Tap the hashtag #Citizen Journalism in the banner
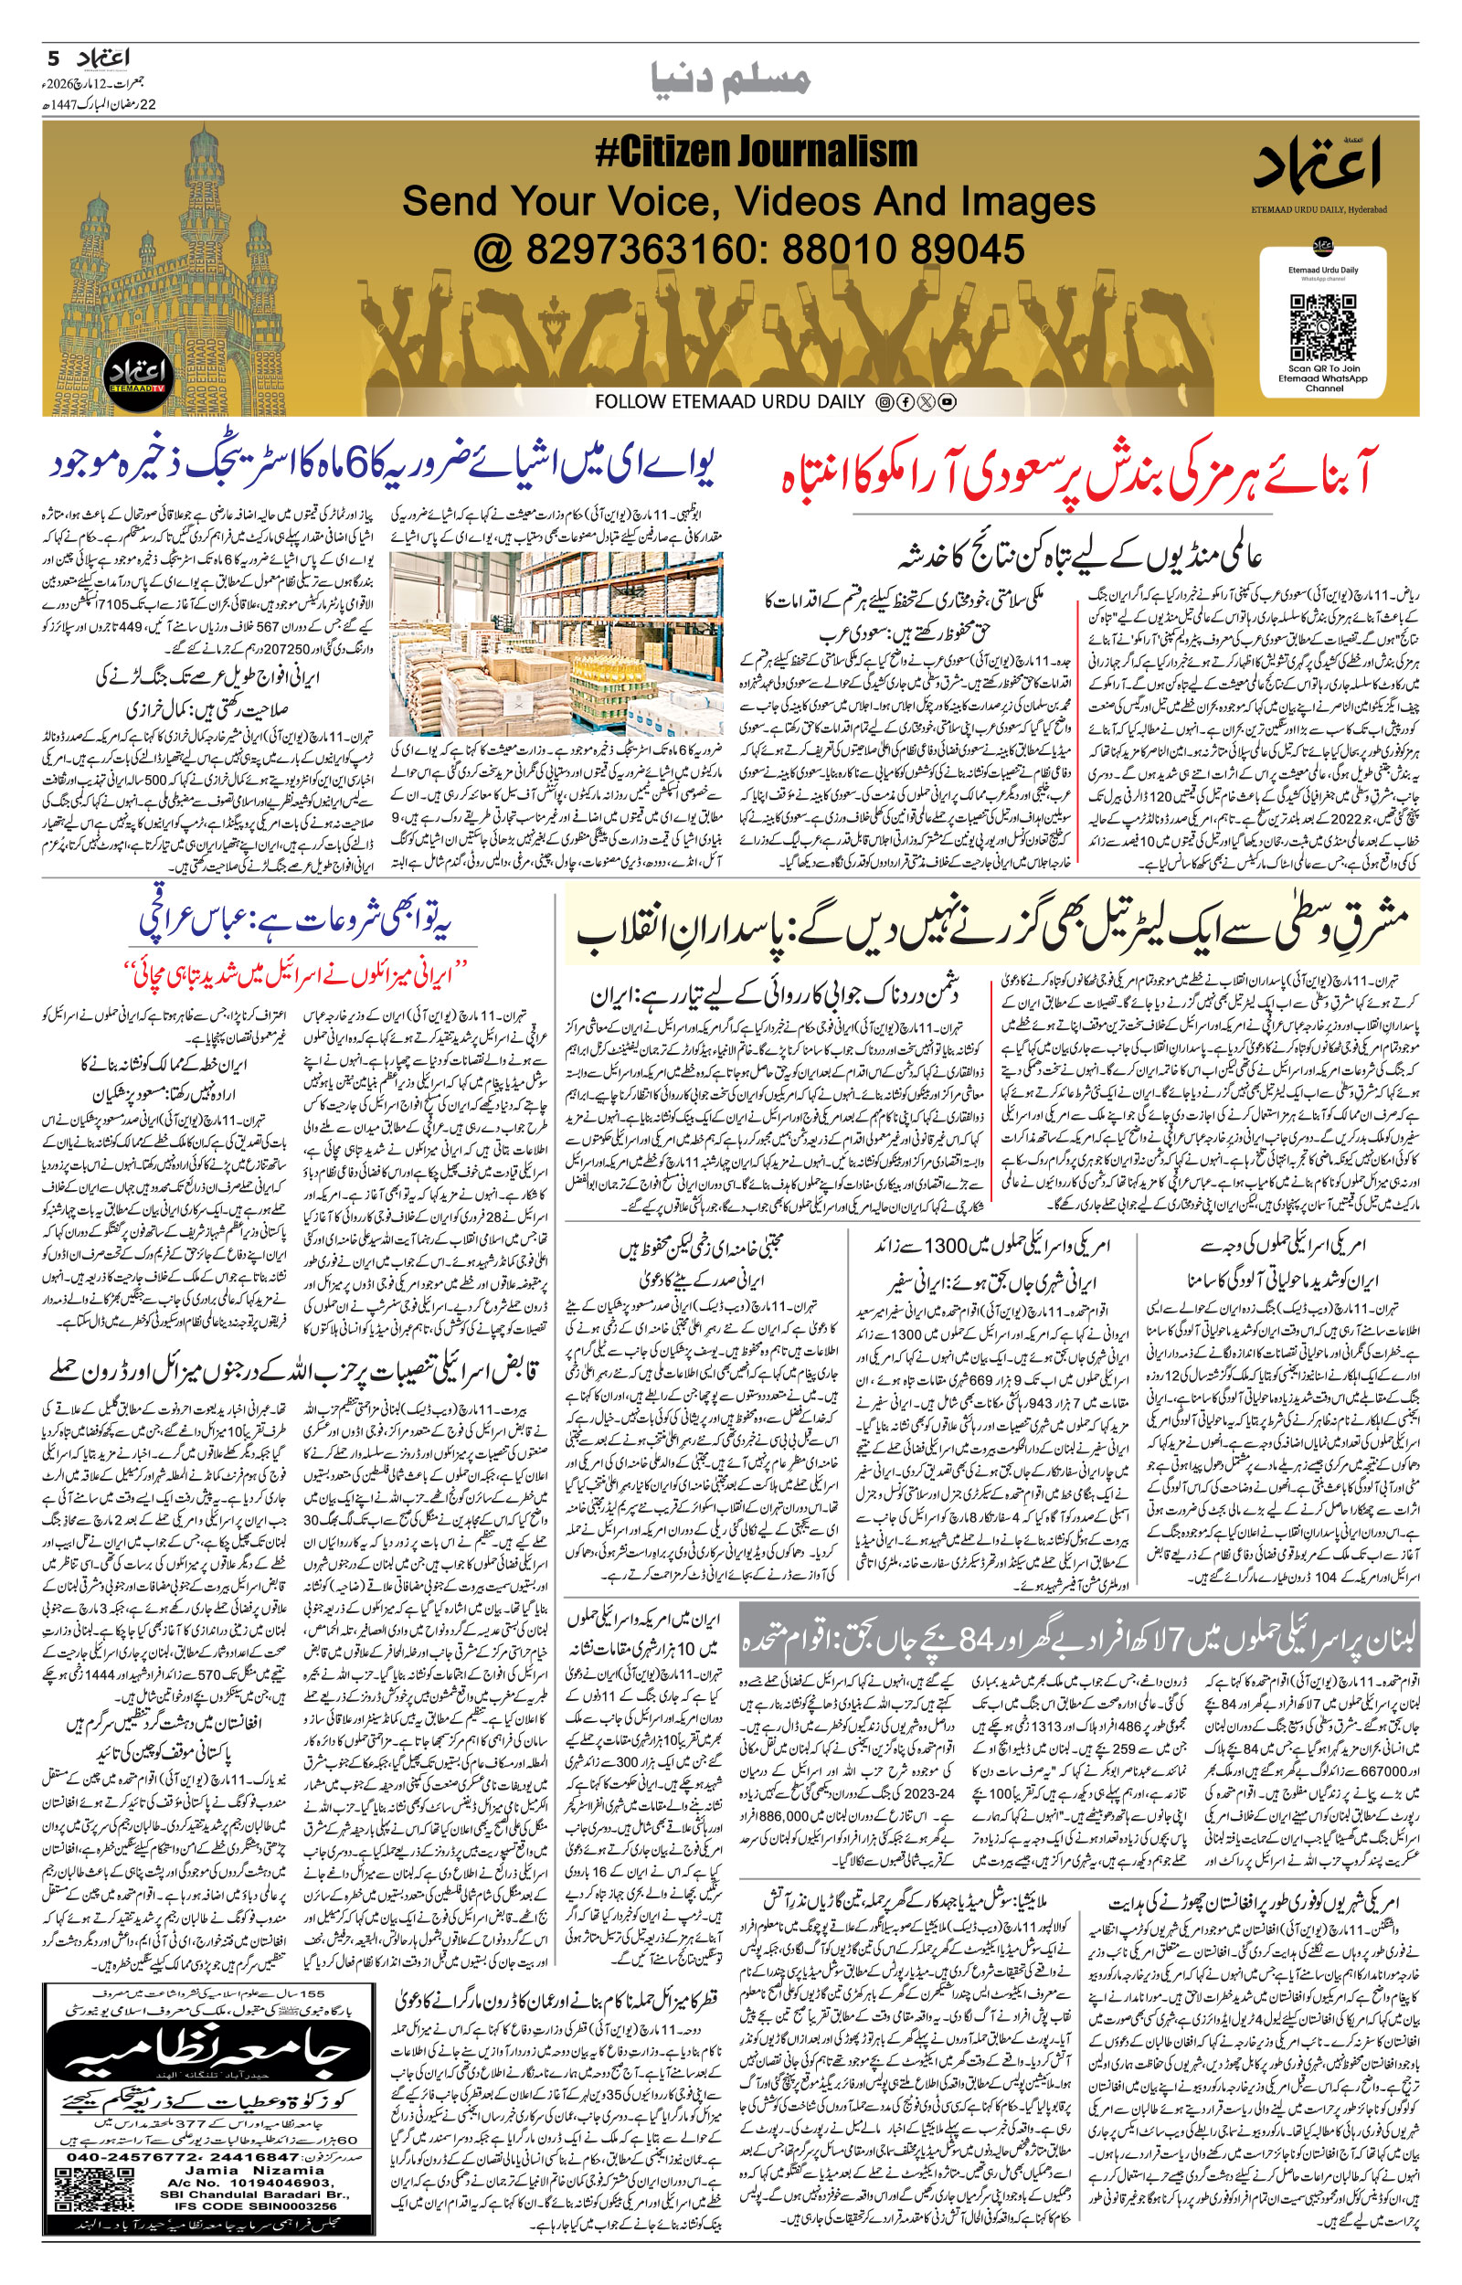click(756, 152)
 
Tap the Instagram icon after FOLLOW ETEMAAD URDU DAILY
click(884, 402)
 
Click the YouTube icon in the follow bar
click(947, 402)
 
